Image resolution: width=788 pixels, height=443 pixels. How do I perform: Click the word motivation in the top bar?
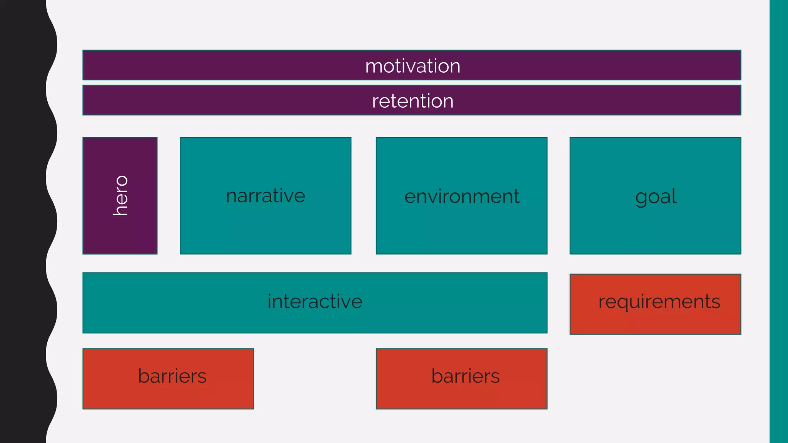(412, 66)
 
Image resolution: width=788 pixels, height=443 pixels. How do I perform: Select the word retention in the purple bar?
(412, 101)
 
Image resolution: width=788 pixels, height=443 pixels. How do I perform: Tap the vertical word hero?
(120, 195)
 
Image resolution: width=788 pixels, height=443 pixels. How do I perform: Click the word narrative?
(265, 196)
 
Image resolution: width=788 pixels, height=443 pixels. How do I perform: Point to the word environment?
(462, 197)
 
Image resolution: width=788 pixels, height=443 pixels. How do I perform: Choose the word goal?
(656, 197)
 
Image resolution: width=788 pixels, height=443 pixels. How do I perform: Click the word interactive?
(315, 301)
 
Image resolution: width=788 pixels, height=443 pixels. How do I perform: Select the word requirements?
(659, 301)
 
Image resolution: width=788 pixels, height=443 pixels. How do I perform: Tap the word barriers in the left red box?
(172, 376)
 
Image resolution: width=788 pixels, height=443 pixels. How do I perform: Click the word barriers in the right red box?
(465, 376)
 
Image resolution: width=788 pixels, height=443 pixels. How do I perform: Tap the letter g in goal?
(641, 198)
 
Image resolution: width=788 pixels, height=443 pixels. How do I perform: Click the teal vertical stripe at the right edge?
(779, 221)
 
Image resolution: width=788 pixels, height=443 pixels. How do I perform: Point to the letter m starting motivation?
(374, 67)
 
